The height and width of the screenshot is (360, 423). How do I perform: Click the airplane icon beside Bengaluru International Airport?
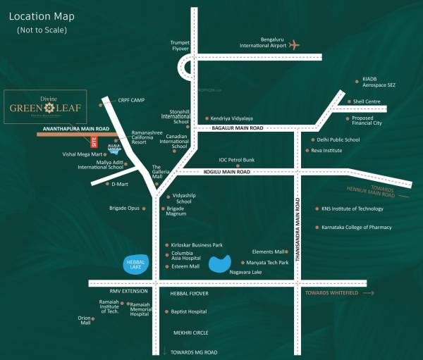pyautogui.click(x=294, y=45)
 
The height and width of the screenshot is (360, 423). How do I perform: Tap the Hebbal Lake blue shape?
pyautogui.click(x=135, y=264)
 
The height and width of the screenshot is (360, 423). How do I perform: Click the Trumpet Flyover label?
pyautogui.click(x=180, y=46)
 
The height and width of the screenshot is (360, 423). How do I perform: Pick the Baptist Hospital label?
pyautogui.click(x=188, y=311)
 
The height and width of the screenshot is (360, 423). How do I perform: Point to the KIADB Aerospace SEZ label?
pyautogui.click(x=380, y=82)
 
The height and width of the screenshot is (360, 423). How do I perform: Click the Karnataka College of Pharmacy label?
pyautogui.click(x=356, y=228)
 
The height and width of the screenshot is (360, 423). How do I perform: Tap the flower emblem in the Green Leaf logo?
pyautogui.click(x=49, y=108)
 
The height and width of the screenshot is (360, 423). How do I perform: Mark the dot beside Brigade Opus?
pyautogui.click(x=144, y=209)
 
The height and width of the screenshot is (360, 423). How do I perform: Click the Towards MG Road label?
pyautogui.click(x=192, y=352)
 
